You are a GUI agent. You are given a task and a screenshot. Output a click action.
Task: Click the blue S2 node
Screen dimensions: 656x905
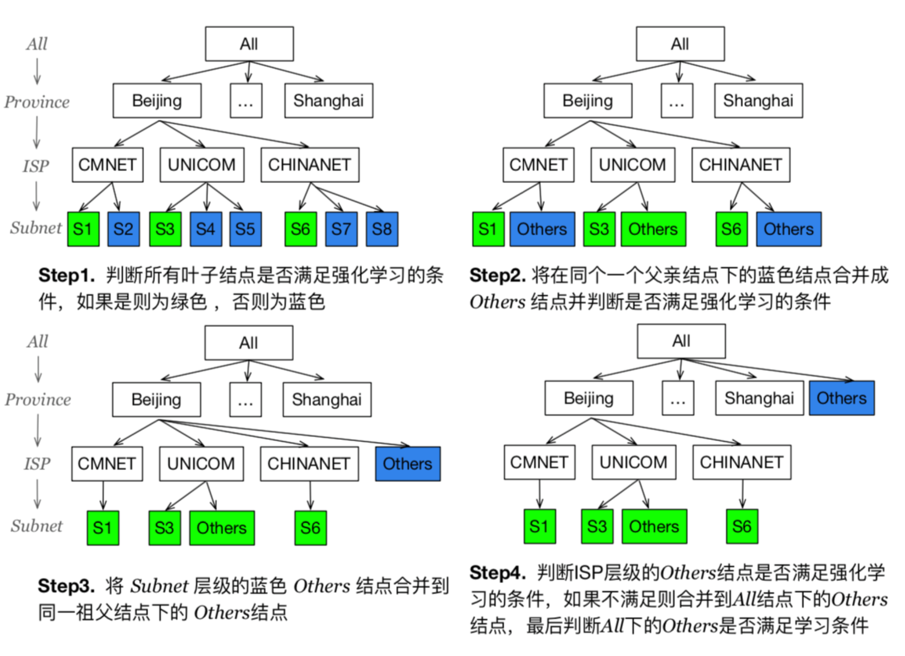coord(123,229)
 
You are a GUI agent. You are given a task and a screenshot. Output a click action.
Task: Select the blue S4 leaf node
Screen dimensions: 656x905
coord(206,229)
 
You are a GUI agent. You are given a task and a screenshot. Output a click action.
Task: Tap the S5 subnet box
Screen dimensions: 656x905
coord(246,229)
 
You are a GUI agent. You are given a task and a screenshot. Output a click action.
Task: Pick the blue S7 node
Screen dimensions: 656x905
coord(341,229)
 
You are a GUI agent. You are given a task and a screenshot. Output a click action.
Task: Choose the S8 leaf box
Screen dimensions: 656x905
coord(382,229)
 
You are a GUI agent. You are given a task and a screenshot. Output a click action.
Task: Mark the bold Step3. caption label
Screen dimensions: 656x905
coord(66,586)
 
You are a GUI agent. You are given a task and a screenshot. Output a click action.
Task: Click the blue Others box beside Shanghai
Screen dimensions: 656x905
coord(842,398)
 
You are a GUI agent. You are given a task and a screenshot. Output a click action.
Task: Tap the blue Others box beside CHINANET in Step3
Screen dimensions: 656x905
coord(408,464)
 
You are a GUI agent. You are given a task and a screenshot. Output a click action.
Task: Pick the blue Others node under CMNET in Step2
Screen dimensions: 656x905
coord(542,229)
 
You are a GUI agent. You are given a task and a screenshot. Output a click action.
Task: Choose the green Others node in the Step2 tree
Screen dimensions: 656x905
coord(653,229)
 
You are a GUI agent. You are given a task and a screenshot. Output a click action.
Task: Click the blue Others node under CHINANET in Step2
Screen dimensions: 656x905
coord(788,229)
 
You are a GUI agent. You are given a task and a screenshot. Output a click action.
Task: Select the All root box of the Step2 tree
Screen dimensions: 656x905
coord(680,44)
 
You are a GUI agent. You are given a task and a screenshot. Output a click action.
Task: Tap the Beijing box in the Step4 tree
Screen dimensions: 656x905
coord(589,398)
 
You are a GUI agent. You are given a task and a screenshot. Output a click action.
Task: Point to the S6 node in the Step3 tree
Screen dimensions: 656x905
coord(310,528)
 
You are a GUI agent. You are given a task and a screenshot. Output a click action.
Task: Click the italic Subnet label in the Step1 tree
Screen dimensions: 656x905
coord(36,228)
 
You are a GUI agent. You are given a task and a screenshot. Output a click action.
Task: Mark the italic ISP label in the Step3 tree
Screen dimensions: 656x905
coord(37,464)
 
